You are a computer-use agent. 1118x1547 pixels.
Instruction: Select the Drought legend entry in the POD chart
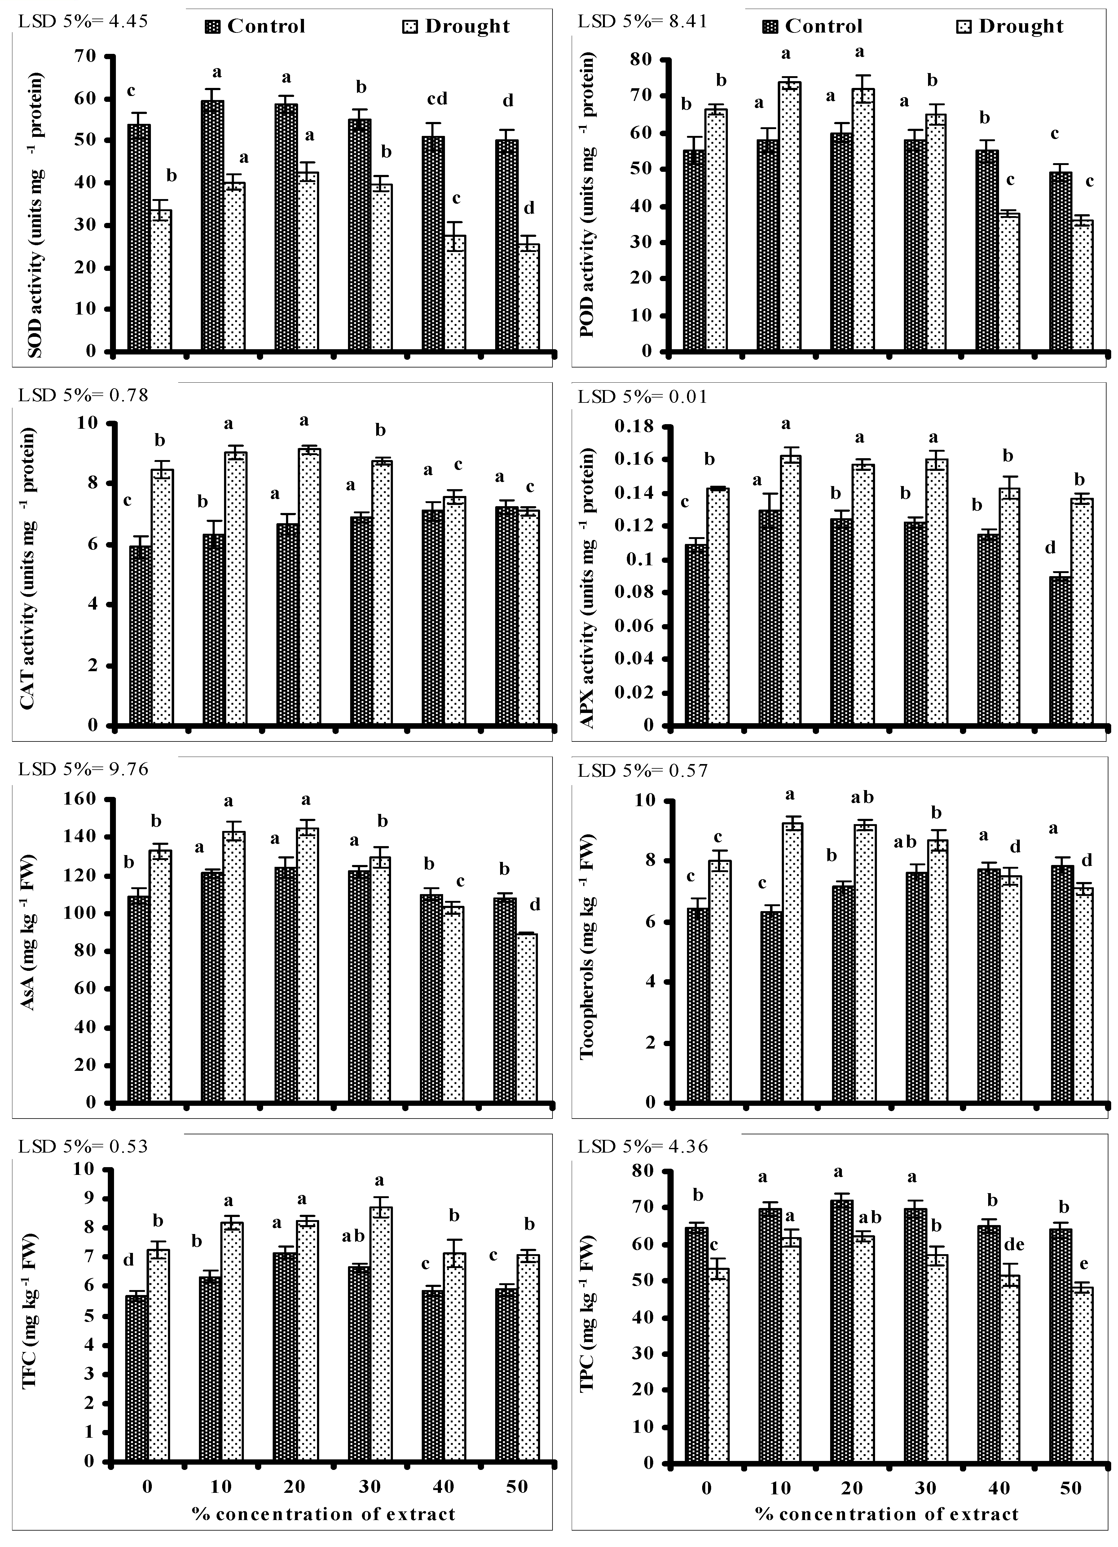1010,27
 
